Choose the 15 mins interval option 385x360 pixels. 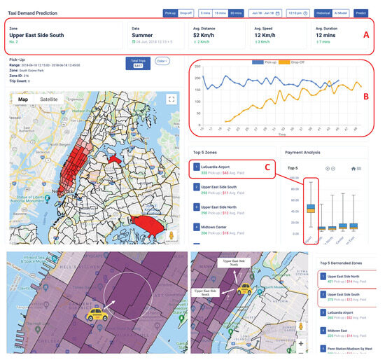(x=221, y=13)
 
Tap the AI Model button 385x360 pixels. (x=342, y=13)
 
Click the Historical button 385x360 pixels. (x=322, y=13)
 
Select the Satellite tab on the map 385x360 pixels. (x=49, y=99)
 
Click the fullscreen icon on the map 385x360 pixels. (x=170, y=99)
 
